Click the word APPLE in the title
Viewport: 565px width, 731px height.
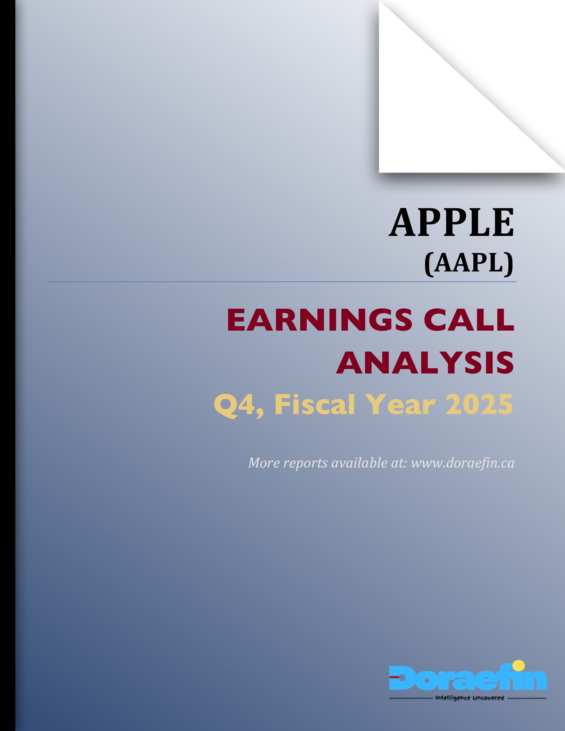point(451,223)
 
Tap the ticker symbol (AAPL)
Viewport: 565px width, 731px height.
point(469,264)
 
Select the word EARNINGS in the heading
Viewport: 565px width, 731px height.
point(319,320)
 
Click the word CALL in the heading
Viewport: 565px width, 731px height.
point(469,320)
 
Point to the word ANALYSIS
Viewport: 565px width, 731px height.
point(425,363)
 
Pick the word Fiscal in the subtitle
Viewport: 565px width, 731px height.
point(314,405)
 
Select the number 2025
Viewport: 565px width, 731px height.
point(479,405)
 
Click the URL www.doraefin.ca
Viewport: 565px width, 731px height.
point(463,463)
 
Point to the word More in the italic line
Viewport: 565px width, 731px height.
point(264,463)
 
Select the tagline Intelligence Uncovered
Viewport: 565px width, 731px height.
point(469,698)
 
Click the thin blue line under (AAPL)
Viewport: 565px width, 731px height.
point(282,282)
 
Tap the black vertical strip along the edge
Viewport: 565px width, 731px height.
point(7,365)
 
